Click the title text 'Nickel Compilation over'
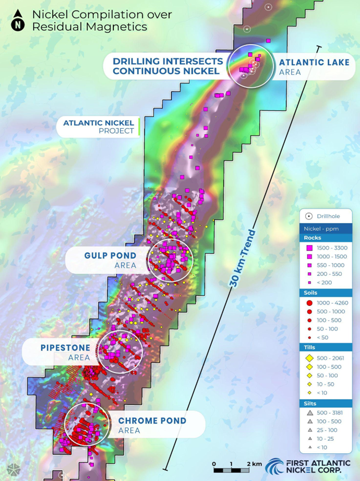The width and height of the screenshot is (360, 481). pos(102,15)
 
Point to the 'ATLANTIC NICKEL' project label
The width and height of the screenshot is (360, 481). pos(99,123)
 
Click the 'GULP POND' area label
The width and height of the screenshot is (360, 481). pos(110,256)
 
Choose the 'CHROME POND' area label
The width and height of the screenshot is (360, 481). pos(152,421)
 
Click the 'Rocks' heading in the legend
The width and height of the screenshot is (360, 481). pos(313,238)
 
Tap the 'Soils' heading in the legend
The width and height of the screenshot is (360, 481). pos(312,293)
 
